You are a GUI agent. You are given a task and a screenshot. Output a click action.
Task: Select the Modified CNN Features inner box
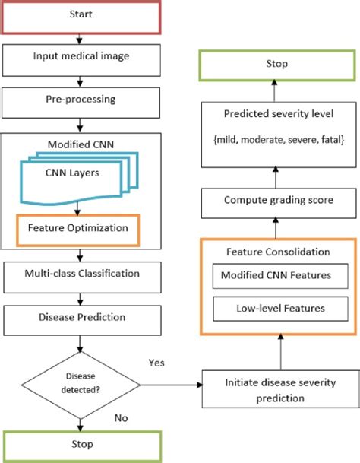click(280, 274)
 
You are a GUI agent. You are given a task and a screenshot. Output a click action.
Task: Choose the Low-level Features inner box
click(280, 309)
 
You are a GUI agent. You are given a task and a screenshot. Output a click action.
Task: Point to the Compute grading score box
click(280, 201)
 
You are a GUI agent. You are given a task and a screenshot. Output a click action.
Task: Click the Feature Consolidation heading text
click(280, 251)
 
